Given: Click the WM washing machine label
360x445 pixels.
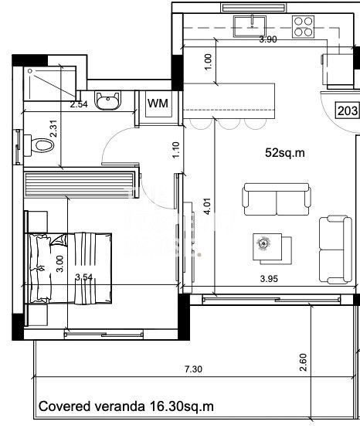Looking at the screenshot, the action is point(158,104).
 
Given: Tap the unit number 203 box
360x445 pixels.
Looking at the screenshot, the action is point(348,110).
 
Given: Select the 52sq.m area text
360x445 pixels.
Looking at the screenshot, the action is point(285,153).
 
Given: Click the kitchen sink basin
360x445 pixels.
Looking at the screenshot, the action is point(250,26).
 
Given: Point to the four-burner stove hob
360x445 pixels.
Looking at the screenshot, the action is point(304,27).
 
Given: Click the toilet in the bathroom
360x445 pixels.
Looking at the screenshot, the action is point(39,145).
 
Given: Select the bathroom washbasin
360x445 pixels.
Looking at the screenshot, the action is point(108,100).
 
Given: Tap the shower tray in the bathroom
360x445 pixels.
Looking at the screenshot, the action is point(50,83).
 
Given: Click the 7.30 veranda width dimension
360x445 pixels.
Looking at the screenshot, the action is point(193,369).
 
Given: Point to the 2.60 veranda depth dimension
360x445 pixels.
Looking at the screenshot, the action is point(304,362).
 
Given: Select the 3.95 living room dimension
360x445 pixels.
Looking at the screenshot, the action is point(269,279).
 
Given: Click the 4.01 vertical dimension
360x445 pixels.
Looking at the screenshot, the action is point(207,206).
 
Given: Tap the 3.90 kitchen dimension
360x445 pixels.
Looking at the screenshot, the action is point(268,39).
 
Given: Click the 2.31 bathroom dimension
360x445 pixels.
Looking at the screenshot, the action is point(53,129).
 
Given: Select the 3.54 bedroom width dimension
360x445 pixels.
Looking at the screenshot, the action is point(84,277).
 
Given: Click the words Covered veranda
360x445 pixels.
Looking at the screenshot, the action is point(91,406).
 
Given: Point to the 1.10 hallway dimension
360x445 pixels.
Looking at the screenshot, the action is point(176,151).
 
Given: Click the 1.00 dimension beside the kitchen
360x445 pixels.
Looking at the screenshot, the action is point(208,62).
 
